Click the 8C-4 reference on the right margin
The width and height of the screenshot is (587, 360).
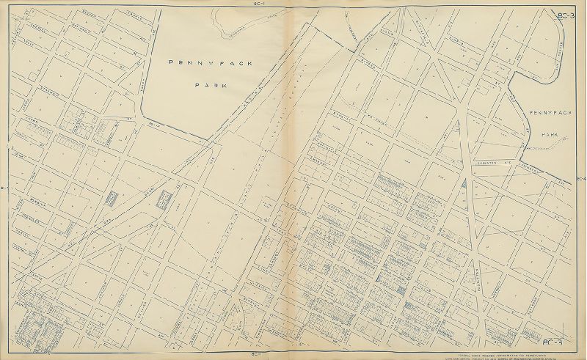582,179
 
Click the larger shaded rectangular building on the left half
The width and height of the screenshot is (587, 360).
163,199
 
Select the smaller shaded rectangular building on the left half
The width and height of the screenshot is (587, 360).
112,199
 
